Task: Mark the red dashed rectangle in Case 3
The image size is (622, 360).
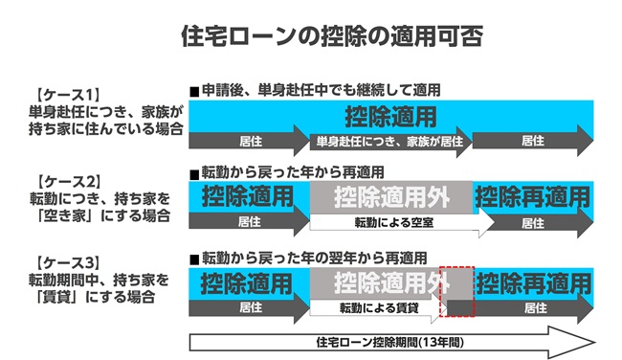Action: (456, 292)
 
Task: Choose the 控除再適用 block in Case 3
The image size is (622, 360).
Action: (534, 282)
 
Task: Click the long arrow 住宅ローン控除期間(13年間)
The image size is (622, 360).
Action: (392, 342)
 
